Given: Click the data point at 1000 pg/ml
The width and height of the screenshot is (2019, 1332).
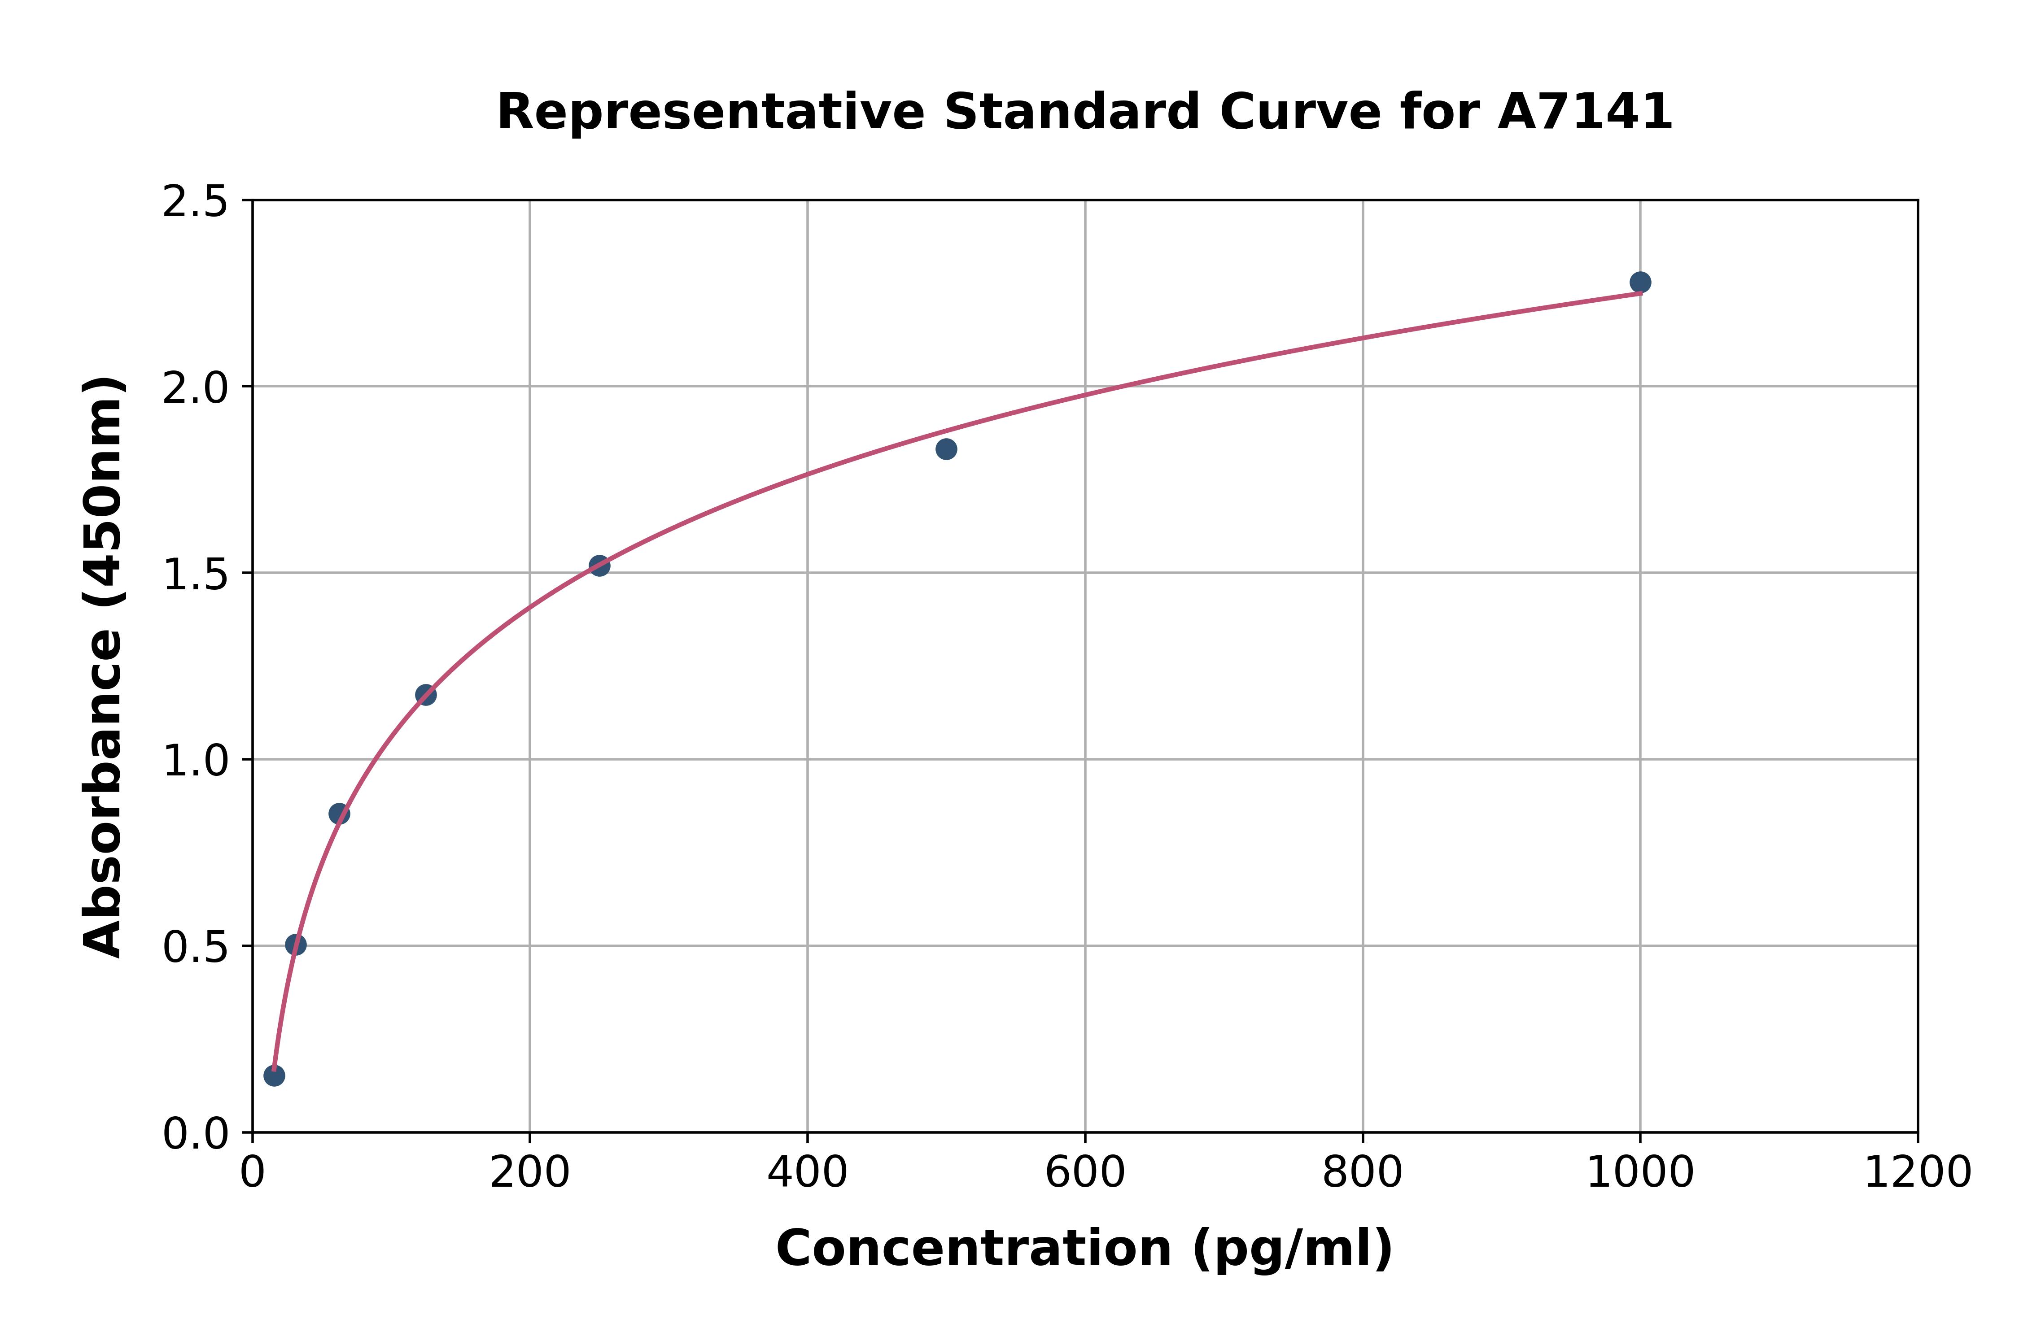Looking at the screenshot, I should (x=1640, y=282).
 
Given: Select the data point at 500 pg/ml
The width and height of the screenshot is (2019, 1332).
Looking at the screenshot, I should (x=946, y=448).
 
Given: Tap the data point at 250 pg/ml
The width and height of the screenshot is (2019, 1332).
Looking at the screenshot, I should (x=599, y=566).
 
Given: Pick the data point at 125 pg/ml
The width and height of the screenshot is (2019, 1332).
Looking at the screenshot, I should (x=426, y=695).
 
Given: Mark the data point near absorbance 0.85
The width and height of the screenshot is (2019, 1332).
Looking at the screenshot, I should (x=339, y=814).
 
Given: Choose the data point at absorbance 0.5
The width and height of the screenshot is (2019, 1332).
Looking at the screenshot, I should (x=296, y=945).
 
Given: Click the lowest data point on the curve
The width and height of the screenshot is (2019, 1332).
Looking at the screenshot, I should (x=274, y=1075).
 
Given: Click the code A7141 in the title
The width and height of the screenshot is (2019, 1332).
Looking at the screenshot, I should (x=1585, y=112).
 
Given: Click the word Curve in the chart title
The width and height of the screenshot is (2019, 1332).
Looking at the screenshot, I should (x=1300, y=112).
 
